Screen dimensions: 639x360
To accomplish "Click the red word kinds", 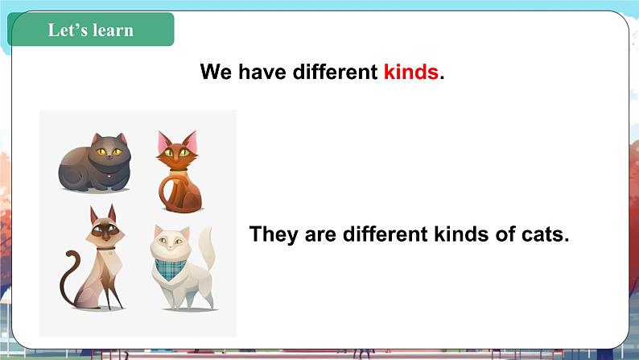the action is point(410,72).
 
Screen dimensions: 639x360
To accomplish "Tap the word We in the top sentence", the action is point(216,72).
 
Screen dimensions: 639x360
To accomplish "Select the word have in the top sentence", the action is point(262,72).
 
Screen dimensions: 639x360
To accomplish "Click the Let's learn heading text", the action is point(90,30).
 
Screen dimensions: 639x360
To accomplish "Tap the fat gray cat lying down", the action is point(95,163).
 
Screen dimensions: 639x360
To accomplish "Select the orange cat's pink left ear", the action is point(164,141).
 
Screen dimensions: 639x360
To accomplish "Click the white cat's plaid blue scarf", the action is point(171,269).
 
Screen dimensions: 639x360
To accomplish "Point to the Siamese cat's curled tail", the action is point(68,277).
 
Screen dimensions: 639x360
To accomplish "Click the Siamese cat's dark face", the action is point(105,231).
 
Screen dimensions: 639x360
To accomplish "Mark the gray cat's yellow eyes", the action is point(109,151).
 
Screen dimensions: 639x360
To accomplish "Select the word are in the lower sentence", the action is point(320,235).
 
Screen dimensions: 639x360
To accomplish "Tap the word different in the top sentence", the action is point(335,72).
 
